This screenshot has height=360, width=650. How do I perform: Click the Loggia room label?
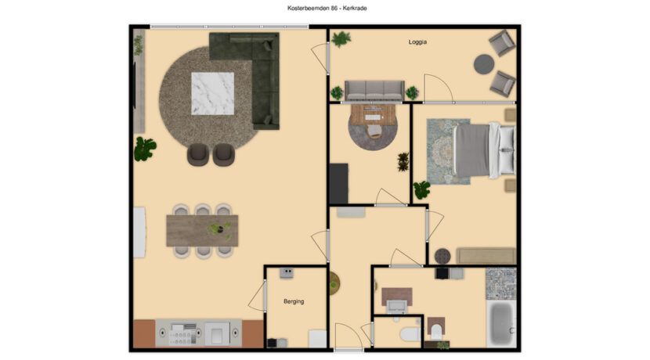tap(417, 41)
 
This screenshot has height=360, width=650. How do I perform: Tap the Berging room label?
tap(294, 301)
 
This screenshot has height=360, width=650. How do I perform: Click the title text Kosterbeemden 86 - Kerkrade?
tap(327, 8)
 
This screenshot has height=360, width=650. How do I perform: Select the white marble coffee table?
tap(212, 93)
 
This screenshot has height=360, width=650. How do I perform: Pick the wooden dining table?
tap(202, 230)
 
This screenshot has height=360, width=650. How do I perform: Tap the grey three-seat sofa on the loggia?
tap(374, 90)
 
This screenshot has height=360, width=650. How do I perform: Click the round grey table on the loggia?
tap(484, 64)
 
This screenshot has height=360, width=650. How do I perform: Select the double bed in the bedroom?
tap(484, 150)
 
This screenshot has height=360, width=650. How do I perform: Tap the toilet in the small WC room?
tap(408, 333)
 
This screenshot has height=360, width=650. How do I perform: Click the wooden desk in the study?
tap(374, 114)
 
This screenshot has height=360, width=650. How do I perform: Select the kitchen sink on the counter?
tap(217, 333)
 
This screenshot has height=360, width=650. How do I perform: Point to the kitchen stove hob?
tap(182, 334)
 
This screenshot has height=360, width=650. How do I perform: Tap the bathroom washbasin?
tap(396, 306)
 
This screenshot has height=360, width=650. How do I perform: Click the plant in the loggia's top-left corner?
tap(341, 39)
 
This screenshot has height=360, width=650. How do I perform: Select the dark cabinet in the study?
tap(338, 183)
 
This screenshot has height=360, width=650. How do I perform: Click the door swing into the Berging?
tap(257, 296)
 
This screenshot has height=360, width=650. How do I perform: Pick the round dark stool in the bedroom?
tap(442, 256)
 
